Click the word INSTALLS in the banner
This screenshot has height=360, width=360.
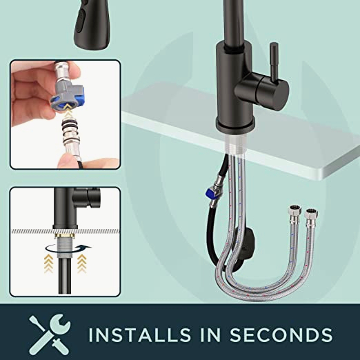pos(140,334)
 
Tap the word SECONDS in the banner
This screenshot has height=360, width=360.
pos(281,334)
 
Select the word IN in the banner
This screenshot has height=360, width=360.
pos(210,334)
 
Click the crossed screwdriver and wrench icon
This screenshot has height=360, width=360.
pos(50,334)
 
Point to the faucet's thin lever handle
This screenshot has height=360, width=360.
pos(274,62)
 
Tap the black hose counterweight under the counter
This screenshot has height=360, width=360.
pos(247,246)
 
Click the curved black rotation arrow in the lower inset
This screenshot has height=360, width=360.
pos(68,249)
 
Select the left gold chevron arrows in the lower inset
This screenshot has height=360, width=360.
pos(49,263)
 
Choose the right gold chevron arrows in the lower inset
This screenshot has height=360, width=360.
pos(81,263)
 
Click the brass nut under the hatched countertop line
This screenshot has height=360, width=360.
pos(65,236)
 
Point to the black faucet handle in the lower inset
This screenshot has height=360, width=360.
pos(87,197)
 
